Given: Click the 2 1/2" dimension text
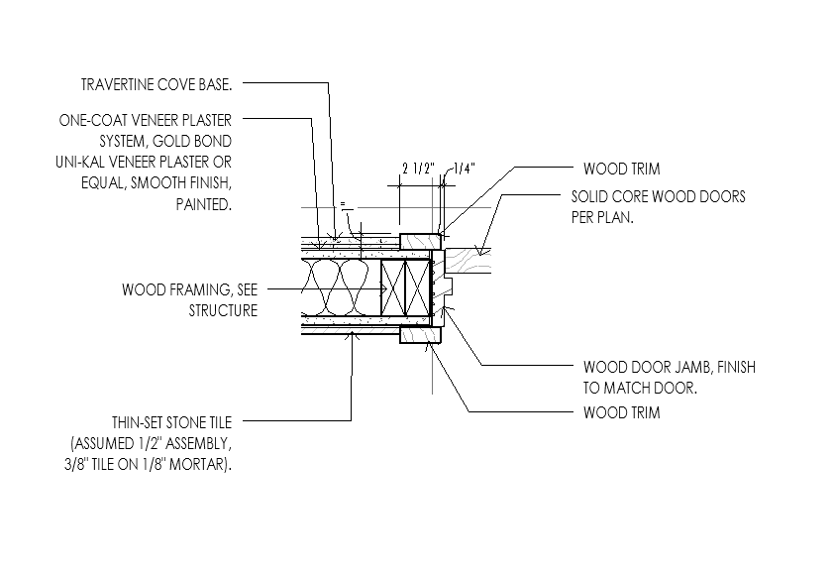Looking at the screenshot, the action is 418,169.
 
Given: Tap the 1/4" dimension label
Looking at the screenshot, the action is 464,169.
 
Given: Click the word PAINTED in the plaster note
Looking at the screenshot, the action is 204,204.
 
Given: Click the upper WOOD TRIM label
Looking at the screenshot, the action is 622,169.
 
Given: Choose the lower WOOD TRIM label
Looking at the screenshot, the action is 622,412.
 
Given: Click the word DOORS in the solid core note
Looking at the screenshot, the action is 725,197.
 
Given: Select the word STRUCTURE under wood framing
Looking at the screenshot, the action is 223,310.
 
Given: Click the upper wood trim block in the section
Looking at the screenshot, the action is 421,242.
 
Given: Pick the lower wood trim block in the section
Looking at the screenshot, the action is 421,335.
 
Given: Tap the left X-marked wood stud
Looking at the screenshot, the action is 392,287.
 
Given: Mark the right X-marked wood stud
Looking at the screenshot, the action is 418,287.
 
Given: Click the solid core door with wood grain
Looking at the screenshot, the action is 468,262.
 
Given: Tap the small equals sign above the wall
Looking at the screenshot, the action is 343,203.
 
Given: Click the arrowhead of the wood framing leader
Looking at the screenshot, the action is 383,288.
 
